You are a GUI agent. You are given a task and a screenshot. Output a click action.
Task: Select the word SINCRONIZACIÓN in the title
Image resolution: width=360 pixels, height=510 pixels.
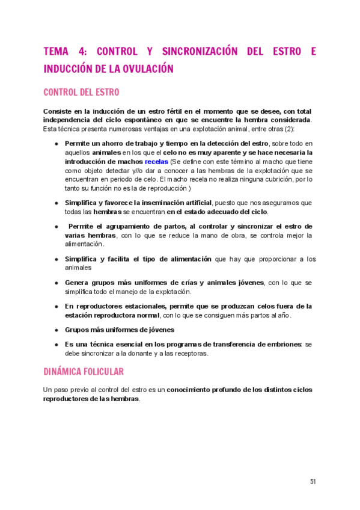pyautogui.click(x=195, y=52)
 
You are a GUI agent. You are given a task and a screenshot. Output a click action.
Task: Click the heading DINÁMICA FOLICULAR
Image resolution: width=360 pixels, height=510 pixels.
pyautogui.click(x=84, y=372)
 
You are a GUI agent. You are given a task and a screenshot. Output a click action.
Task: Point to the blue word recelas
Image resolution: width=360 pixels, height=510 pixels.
pyautogui.click(x=156, y=162)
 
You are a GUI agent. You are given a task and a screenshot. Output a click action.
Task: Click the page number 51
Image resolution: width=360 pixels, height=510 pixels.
pyautogui.click(x=313, y=481)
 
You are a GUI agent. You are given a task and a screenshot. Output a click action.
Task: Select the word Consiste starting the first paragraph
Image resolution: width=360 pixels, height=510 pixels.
pyautogui.click(x=58, y=112)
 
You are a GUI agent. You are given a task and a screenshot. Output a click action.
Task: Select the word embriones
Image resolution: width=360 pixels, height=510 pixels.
pyautogui.click(x=282, y=345)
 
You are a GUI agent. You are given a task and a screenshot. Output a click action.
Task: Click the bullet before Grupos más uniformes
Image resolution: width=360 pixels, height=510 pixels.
pyautogui.click(x=56, y=330)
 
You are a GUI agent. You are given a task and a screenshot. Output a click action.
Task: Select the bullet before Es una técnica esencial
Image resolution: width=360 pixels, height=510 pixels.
pyautogui.click(x=56, y=345)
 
